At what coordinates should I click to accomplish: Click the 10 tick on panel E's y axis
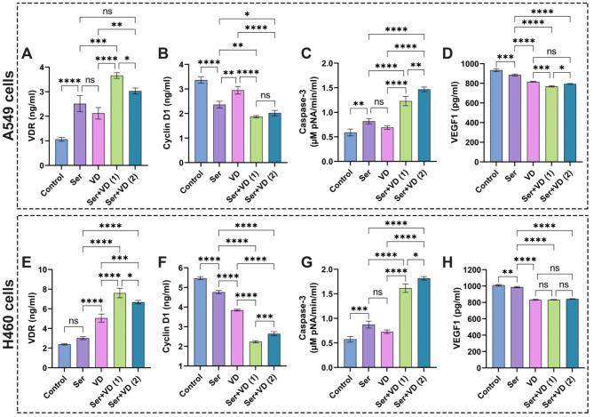(44, 269)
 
